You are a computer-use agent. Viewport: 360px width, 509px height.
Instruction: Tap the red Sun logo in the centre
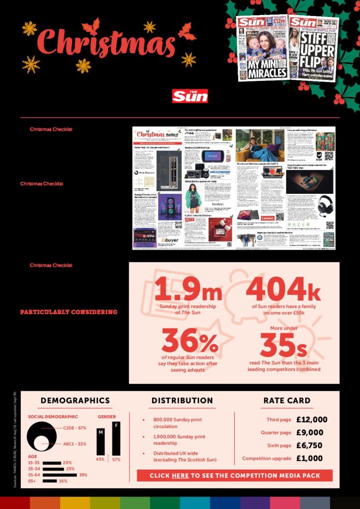coord(190,96)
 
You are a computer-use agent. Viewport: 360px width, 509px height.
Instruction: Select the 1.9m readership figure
coord(188,289)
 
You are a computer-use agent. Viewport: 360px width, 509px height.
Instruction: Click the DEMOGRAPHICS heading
coord(75,400)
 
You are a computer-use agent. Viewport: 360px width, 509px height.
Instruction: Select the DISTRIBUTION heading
coord(182,400)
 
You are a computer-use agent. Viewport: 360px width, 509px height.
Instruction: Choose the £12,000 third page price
coord(312,420)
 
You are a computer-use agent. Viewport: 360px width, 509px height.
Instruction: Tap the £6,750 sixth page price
coord(309,445)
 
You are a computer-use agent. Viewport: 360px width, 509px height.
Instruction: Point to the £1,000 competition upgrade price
coord(309,458)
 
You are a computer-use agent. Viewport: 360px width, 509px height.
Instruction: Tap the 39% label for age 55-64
coord(83,475)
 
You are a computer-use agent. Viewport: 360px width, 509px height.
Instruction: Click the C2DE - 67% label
coord(75,427)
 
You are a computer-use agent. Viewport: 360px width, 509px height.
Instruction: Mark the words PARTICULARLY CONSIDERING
coord(69,312)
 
